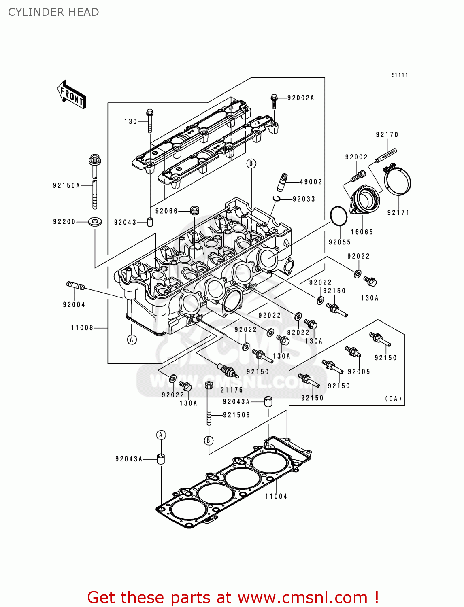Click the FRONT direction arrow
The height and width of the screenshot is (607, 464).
click(x=72, y=95)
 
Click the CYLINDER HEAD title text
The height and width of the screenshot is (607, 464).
click(x=53, y=12)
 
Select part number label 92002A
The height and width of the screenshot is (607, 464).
click(x=300, y=98)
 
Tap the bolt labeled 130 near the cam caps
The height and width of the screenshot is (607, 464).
click(x=150, y=120)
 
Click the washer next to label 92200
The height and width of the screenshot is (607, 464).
click(x=95, y=222)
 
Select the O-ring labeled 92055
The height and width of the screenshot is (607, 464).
click(x=339, y=216)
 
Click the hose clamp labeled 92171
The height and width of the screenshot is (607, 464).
click(x=397, y=181)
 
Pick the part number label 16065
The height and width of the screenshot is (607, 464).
click(x=362, y=232)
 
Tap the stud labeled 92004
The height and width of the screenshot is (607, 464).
click(x=76, y=286)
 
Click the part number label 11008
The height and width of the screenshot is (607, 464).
click(x=82, y=328)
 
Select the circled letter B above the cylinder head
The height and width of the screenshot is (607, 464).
click(x=251, y=163)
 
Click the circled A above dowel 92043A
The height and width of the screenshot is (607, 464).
click(x=161, y=435)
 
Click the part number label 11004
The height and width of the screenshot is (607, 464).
click(x=276, y=496)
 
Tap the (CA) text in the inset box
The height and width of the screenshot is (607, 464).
click(x=393, y=399)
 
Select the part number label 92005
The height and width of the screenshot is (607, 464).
click(x=359, y=371)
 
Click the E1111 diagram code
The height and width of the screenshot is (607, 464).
click(x=399, y=75)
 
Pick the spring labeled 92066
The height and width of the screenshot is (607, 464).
click(x=195, y=211)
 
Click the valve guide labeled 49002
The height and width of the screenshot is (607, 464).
click(x=282, y=182)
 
